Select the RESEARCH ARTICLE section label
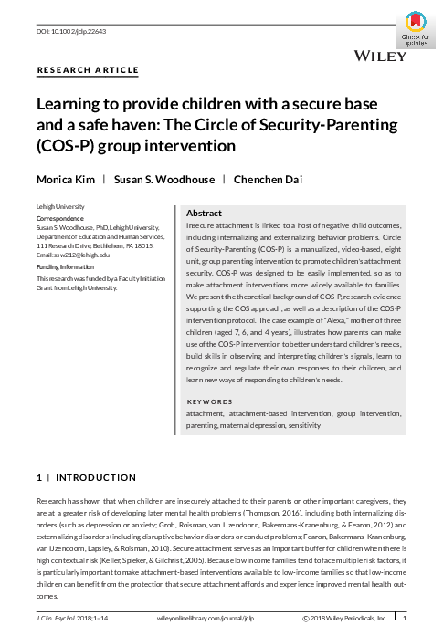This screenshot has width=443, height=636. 88,69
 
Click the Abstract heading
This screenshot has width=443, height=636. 204,212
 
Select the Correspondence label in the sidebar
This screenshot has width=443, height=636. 61,220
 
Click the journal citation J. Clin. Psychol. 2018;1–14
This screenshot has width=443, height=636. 69,618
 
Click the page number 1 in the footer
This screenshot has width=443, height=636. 405,618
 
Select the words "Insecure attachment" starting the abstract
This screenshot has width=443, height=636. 217,224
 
